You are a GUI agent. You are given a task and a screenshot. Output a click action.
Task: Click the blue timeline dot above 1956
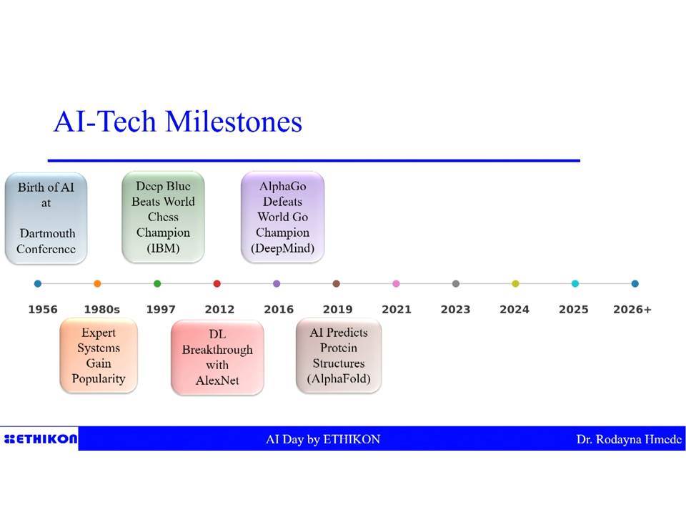[38, 284]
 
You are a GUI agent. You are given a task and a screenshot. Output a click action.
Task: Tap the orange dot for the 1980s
[98, 284]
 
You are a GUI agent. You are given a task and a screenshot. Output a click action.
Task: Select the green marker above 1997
[157, 284]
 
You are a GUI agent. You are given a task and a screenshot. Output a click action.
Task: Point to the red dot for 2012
[217, 284]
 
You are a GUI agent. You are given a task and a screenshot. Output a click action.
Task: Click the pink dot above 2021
[396, 284]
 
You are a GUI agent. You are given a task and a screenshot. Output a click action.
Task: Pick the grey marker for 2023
[456, 284]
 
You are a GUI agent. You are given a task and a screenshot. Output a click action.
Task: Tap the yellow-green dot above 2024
[515, 284]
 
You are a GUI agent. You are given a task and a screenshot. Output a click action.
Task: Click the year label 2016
[279, 310]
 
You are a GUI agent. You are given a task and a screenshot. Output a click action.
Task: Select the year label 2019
[338, 310]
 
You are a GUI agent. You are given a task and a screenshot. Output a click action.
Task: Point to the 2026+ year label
[632, 310]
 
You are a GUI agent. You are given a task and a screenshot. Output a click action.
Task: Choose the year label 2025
[574, 310]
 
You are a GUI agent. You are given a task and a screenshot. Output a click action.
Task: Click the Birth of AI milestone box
[46, 218]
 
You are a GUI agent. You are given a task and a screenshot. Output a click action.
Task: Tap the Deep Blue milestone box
[163, 217]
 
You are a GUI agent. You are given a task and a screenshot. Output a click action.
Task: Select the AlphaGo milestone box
[283, 217]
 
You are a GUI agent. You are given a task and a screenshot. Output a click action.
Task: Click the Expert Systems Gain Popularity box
[99, 355]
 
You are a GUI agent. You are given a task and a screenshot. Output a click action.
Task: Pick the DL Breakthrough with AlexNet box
[217, 358]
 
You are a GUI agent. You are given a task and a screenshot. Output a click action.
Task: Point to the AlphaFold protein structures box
[339, 355]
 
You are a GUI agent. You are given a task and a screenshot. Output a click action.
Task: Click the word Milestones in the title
[234, 122]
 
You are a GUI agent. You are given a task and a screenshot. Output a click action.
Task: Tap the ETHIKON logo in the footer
[40, 438]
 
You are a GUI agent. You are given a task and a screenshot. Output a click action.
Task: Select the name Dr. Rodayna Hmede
[629, 439]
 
